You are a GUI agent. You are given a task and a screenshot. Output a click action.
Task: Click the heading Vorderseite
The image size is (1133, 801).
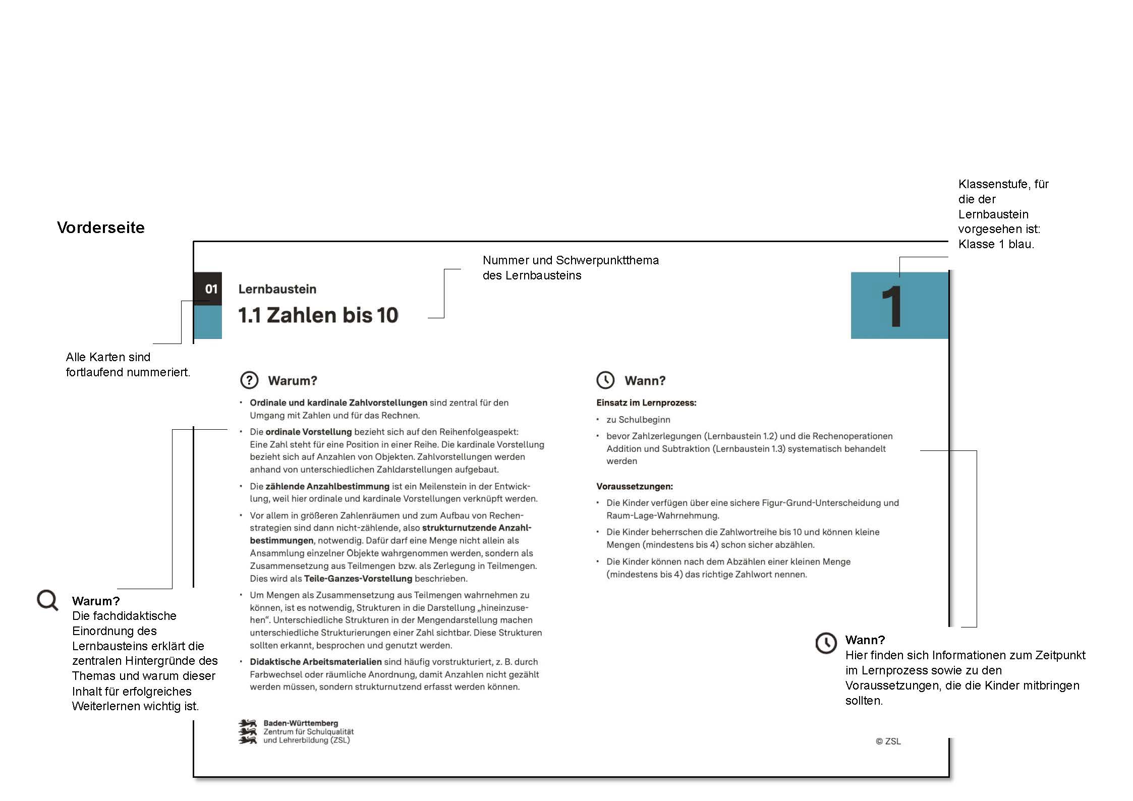[100, 227]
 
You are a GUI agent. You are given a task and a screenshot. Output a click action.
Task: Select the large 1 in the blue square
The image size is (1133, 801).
[892, 307]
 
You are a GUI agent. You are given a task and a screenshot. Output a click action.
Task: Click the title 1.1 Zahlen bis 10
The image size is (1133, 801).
[318, 315]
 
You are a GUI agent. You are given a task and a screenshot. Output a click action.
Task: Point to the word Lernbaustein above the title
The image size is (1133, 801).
[277, 289]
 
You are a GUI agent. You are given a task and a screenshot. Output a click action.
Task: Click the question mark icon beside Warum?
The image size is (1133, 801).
[249, 380]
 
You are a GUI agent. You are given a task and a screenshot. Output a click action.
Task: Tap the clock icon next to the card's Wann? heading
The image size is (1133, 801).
[605, 380]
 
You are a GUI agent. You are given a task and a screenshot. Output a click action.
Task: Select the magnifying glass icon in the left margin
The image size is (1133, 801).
[47, 600]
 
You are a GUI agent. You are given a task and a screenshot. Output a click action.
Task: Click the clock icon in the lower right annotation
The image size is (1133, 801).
[826, 643]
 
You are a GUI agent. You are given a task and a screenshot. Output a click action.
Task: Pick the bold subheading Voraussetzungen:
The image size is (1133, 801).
[634, 486]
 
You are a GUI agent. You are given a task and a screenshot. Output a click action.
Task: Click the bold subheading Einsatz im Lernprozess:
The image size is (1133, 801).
[646, 403]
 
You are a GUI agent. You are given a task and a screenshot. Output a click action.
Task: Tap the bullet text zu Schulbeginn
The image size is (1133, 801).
[638, 419]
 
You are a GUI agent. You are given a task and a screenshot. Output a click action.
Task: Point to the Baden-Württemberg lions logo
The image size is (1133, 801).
[247, 732]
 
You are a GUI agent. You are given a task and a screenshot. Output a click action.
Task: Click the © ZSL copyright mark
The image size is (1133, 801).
[888, 741]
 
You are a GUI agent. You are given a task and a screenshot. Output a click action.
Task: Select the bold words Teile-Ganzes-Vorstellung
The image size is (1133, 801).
[358, 579]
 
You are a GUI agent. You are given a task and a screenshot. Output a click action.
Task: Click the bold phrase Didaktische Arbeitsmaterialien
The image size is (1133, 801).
[315, 661]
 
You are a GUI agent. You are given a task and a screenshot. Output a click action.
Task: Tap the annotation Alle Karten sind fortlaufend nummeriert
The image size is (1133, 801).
[128, 364]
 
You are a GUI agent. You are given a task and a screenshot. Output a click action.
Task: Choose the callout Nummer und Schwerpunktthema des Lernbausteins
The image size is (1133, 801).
[570, 267]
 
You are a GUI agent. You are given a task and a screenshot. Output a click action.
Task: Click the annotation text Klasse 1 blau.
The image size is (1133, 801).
[996, 244]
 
